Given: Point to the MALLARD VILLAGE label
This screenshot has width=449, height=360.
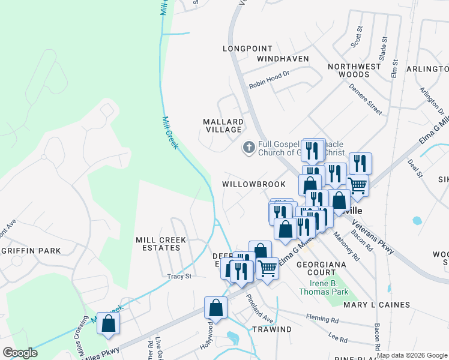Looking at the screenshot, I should pos(223,125).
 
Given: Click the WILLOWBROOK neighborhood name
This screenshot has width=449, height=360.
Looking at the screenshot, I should pos(254,184).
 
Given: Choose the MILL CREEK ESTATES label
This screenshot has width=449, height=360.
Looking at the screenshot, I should pos(161,244).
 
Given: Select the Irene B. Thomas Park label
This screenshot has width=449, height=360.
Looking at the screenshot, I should pos(324,287).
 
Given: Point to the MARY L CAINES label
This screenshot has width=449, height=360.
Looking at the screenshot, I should pos(377,305).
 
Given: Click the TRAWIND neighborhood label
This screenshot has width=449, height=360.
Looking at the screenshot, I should pos(271,329).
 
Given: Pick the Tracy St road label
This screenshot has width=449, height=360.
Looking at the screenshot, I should pos(179,277).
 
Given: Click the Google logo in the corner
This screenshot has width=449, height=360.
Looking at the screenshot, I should pos(20,353).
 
